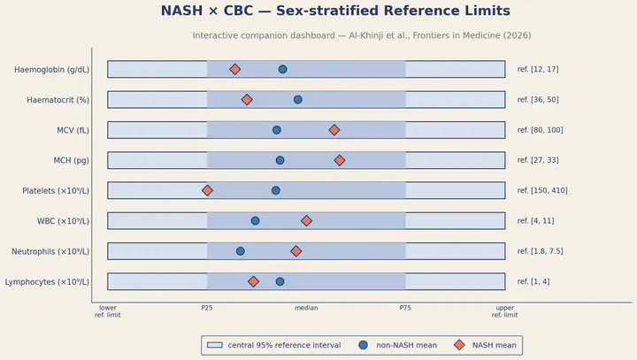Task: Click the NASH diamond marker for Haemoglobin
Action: pyautogui.click(x=234, y=70)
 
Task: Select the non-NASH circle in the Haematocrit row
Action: pyautogui.click(x=298, y=100)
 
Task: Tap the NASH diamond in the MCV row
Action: pyautogui.click(x=334, y=130)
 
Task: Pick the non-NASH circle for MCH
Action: pyautogui.click(x=280, y=160)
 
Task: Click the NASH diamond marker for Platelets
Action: pyautogui.click(x=207, y=190)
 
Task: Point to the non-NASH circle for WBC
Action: pyautogui.click(x=255, y=220)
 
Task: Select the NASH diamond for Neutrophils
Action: pyautogui.click(x=296, y=251)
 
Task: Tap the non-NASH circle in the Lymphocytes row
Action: pyautogui.click(x=280, y=281)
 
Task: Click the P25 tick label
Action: pyautogui.click(x=207, y=308)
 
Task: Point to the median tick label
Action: pyautogui.click(x=306, y=308)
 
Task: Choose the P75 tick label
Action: pyautogui.click(x=405, y=308)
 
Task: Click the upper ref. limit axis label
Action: pyautogui.click(x=505, y=311)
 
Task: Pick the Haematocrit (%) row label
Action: pyautogui.click(x=58, y=100)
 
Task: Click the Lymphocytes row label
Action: pyautogui.click(x=47, y=282)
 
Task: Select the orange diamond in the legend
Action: pyautogui.click(x=459, y=345)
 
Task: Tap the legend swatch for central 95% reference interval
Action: pyautogui.click(x=214, y=345)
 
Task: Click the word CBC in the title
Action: pyautogui.click(x=238, y=11)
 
